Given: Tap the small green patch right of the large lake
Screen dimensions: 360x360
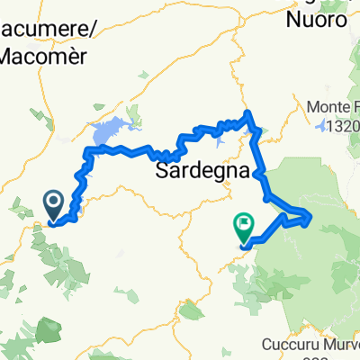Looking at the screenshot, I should (135, 113).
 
